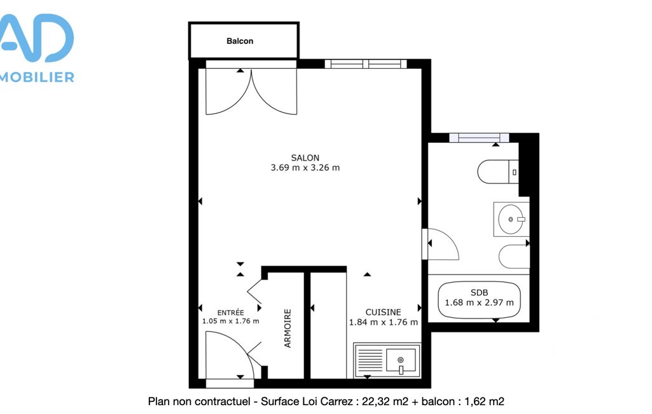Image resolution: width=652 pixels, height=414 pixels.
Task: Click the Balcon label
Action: (x=240, y=41)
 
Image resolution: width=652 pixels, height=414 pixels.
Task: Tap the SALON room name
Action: (x=305, y=158)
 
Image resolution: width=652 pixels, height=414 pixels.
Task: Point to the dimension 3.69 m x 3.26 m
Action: (x=305, y=168)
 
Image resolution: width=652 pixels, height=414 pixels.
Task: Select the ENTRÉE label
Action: (x=230, y=312)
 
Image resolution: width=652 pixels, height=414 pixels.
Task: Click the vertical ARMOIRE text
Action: (x=288, y=328)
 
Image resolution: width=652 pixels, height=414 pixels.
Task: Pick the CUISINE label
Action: (x=384, y=312)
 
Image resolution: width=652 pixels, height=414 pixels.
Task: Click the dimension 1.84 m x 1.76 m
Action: (x=384, y=322)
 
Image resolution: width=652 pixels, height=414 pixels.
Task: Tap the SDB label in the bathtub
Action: (x=479, y=293)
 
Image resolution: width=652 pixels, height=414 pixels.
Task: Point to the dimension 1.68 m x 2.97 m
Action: (x=479, y=303)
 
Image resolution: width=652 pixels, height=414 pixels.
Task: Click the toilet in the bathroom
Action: (x=497, y=171)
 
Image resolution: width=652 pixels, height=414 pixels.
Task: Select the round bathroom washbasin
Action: (x=511, y=219)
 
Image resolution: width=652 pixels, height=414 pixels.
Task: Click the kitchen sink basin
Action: (x=401, y=360)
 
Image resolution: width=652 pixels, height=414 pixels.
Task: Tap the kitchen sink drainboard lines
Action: (x=370, y=360)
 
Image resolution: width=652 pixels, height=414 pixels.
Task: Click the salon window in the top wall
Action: (x=366, y=64)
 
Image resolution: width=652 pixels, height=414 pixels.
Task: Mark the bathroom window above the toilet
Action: (x=479, y=138)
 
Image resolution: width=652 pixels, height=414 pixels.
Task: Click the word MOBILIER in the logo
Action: (x=37, y=77)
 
